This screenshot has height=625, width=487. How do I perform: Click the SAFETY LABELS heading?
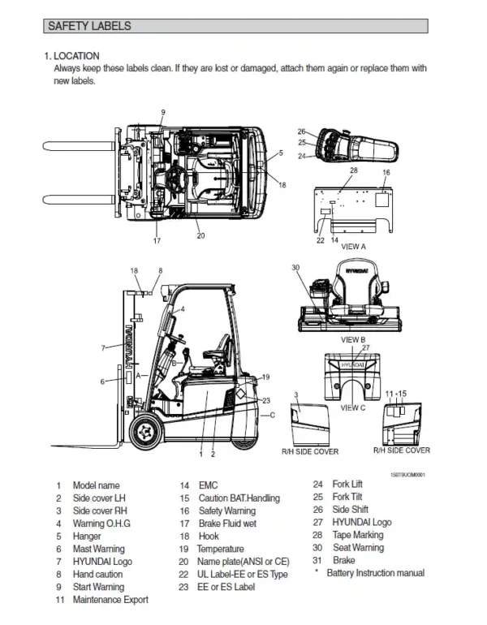[x=89, y=27]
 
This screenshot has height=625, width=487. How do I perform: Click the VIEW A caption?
[x=353, y=246]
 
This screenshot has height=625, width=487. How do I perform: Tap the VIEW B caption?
[x=353, y=339]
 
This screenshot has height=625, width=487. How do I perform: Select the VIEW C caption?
[x=353, y=407]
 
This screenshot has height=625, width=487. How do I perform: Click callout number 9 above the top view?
[x=162, y=112]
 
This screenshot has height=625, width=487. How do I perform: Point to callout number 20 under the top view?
[x=200, y=236]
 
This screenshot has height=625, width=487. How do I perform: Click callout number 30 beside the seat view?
[x=295, y=268]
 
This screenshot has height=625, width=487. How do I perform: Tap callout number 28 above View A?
[x=353, y=170]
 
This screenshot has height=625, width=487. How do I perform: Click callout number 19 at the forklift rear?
[x=265, y=377]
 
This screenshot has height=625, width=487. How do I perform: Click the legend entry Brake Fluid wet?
[x=227, y=524]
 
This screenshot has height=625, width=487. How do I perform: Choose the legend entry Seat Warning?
[x=358, y=548]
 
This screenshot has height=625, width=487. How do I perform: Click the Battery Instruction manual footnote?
[x=374, y=573]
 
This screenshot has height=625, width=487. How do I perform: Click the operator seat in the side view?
[x=217, y=351]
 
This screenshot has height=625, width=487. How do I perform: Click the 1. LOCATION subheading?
[x=72, y=56]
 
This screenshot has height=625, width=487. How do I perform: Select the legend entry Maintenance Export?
[x=110, y=600]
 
